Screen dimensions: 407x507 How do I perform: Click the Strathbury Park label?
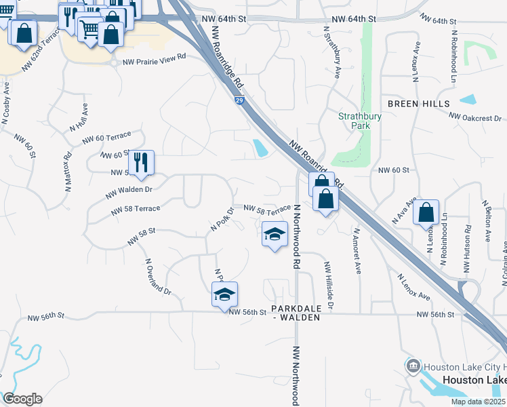pos(359,121)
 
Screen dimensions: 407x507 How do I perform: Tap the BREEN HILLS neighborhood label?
pos(418,104)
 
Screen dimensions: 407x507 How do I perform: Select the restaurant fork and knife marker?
pos(141,163)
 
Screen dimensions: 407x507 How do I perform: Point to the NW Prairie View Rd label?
pos(154,62)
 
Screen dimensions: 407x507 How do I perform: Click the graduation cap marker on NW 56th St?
pos(224,294)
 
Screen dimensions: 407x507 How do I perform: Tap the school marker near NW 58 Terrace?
pos(274,235)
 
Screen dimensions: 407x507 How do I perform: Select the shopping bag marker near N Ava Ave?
pos(426,212)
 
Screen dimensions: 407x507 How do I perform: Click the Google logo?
pos(22,399)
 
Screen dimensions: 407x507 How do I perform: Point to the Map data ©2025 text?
pos(477,402)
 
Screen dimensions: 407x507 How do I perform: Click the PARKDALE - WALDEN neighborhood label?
pos(295,313)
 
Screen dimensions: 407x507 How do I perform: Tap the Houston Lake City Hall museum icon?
pos(413,367)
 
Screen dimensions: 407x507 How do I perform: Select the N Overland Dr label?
pos(157,275)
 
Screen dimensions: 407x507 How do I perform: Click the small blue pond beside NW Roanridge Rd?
pos(260,147)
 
